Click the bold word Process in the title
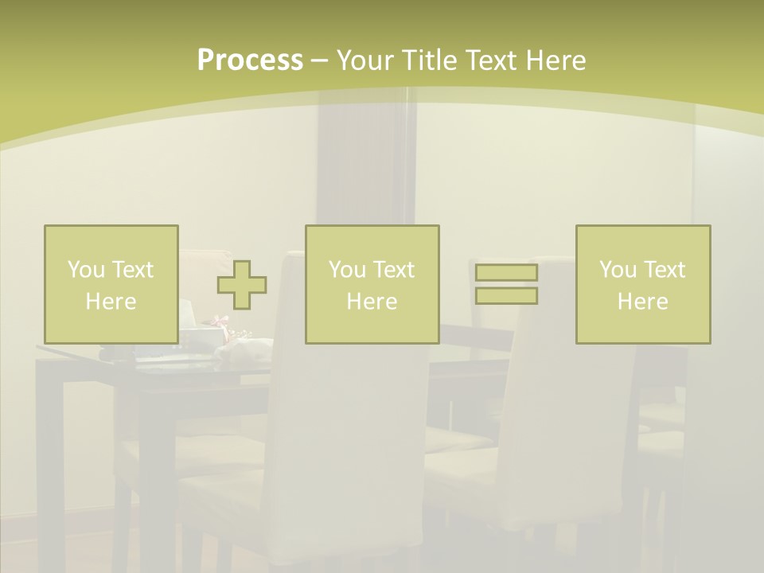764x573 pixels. (x=250, y=60)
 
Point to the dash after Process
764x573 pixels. (x=319, y=61)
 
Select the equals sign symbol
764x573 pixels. (x=506, y=284)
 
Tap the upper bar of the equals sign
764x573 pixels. (x=506, y=273)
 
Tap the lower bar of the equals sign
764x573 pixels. (x=506, y=296)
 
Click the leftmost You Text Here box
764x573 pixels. (x=111, y=284)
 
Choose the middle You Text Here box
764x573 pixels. (x=372, y=284)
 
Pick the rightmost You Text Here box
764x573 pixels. (x=642, y=284)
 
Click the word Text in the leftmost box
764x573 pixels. (x=132, y=270)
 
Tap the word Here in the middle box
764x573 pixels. (x=372, y=302)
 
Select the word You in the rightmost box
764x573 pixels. (x=618, y=270)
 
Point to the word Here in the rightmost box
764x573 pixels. (x=642, y=302)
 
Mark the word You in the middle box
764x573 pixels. (x=347, y=270)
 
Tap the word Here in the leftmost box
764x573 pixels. (x=111, y=302)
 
